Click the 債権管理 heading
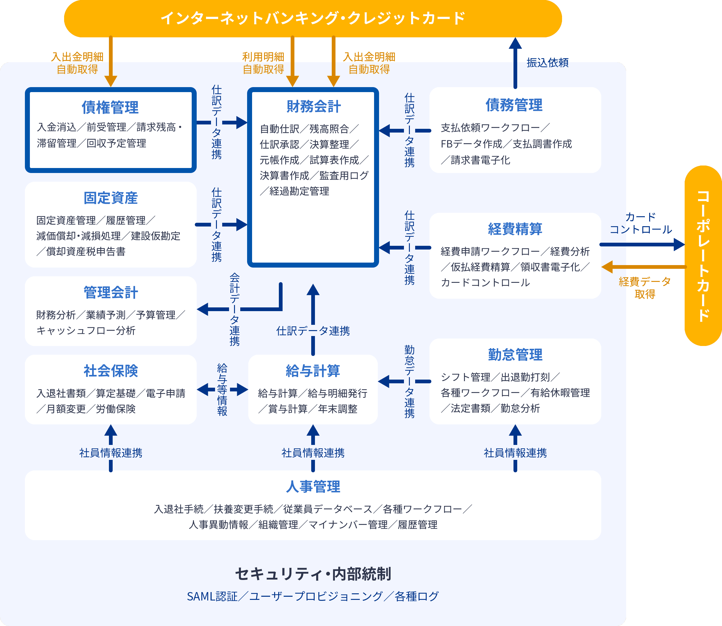click(x=110, y=107)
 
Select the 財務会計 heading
click(x=313, y=106)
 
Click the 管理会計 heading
click(x=110, y=293)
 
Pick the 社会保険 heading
click(x=110, y=371)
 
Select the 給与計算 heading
click(x=313, y=371)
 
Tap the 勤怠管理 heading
click(x=515, y=355)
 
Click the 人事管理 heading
click(x=313, y=487)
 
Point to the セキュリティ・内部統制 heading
click(x=313, y=574)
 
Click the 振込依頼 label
click(x=547, y=63)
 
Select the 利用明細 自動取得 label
click(x=263, y=63)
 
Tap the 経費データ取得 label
click(x=645, y=288)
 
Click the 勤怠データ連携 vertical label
click(x=409, y=382)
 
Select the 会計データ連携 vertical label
click(x=234, y=310)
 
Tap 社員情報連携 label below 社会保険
click(x=110, y=453)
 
